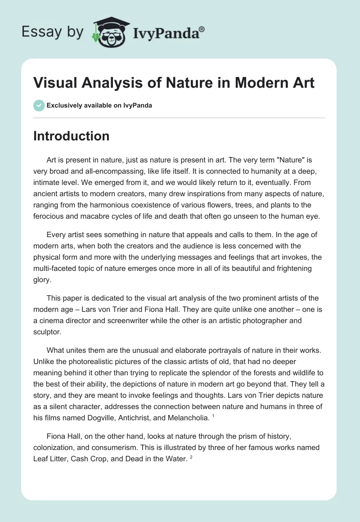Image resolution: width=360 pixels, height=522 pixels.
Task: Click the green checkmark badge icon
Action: click(39, 105)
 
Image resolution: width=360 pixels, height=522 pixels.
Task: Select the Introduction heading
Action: click(71, 136)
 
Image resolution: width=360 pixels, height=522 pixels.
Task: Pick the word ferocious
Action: click(51, 216)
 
